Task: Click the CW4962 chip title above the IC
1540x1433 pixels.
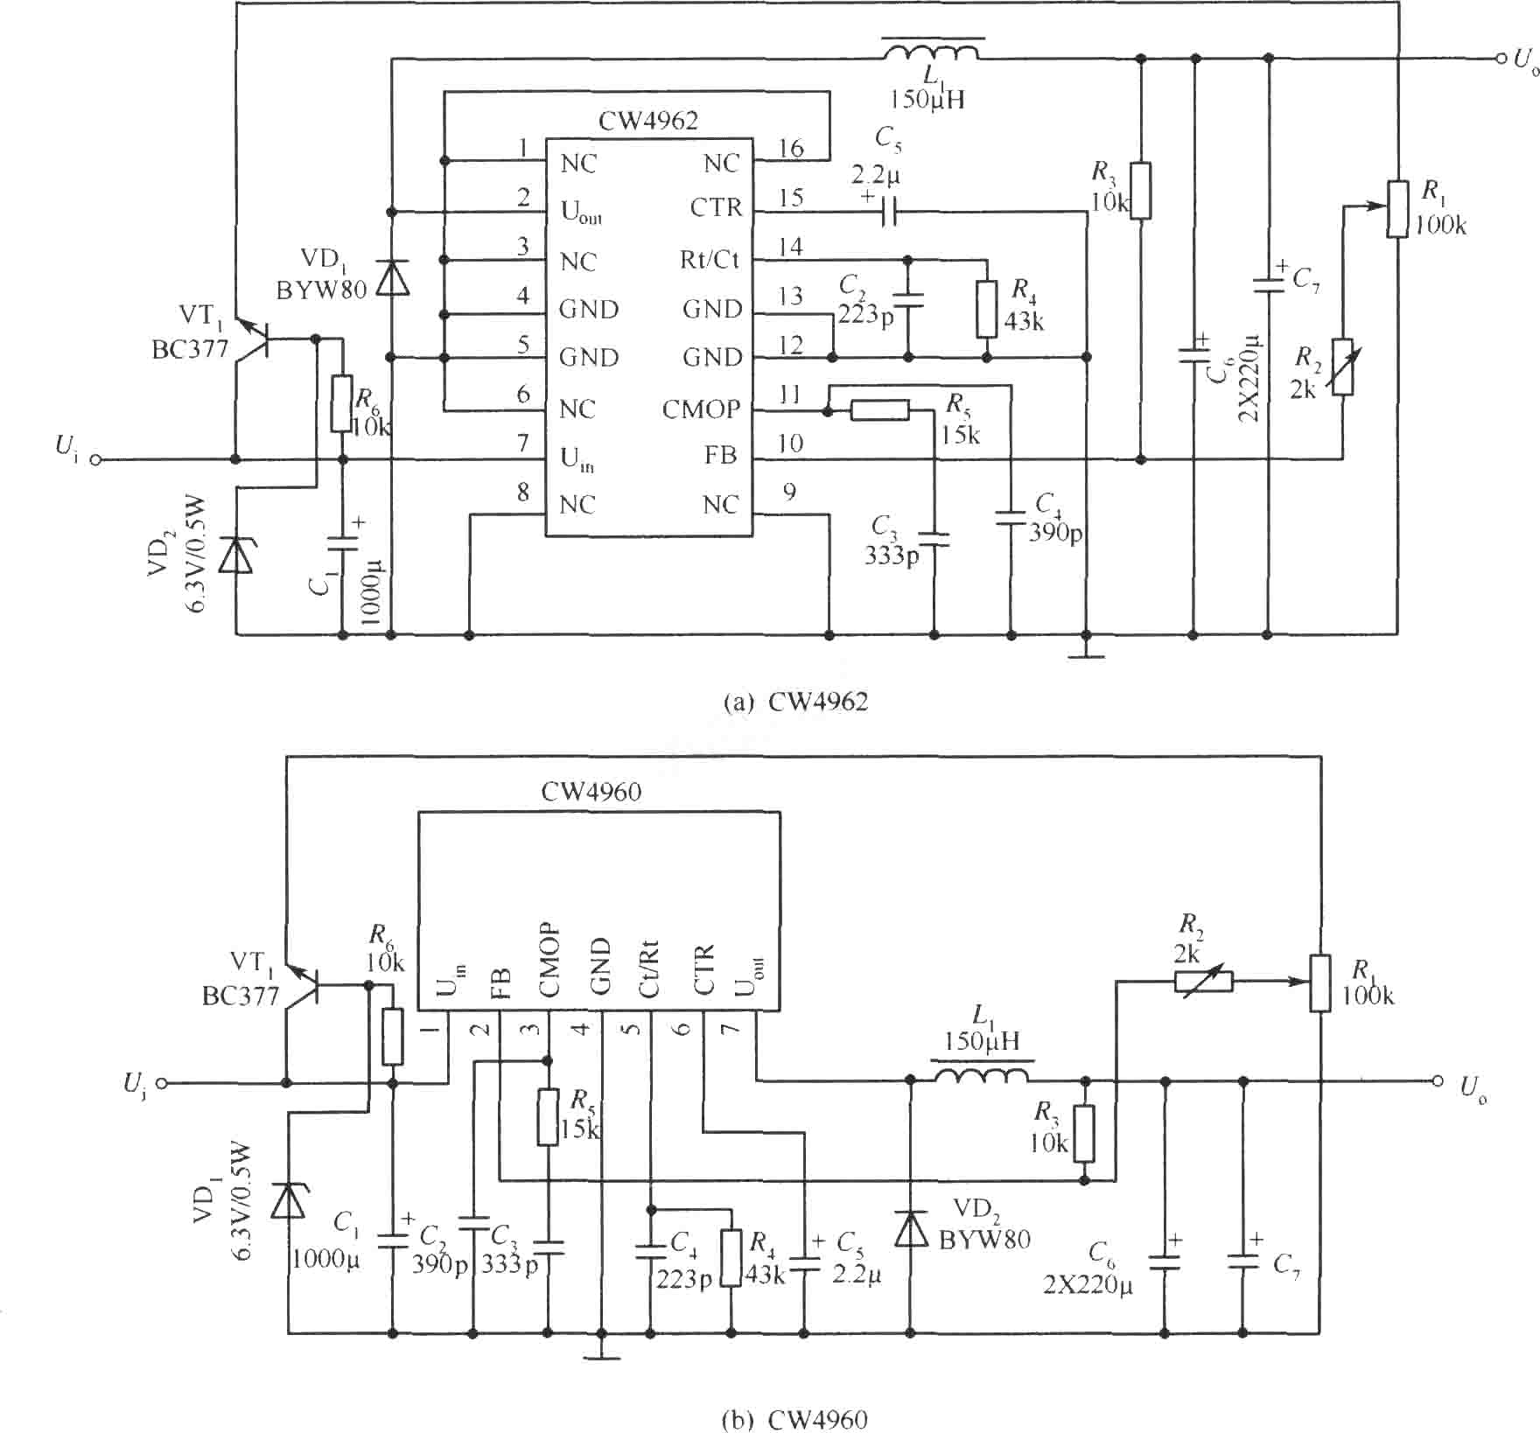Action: point(648,121)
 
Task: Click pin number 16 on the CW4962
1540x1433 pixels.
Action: point(790,149)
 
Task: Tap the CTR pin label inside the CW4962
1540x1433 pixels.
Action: point(716,208)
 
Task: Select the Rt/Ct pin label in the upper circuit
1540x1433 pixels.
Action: point(710,260)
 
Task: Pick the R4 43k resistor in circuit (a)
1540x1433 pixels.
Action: point(986,310)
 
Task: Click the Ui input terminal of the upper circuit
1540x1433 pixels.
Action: point(95,459)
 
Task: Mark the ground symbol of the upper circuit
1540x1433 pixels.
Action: point(1087,654)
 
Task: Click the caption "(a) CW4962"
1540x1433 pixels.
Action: point(796,702)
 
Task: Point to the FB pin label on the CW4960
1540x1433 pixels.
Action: point(501,983)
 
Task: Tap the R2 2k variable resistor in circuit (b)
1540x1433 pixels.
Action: point(1204,982)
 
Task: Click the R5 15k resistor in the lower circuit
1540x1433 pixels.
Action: point(548,1117)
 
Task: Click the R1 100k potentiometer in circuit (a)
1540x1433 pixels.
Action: point(1397,208)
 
